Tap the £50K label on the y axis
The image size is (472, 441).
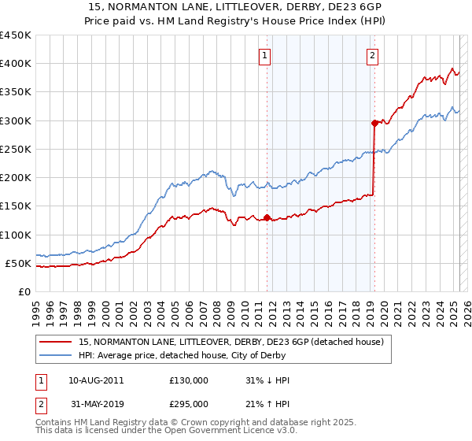point(18,263)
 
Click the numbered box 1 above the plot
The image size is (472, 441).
point(265,56)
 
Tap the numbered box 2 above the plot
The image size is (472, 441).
point(371,56)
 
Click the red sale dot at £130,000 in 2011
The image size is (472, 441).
point(267,217)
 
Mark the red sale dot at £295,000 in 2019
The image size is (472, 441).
point(374,123)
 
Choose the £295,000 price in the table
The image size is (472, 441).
point(189,403)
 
